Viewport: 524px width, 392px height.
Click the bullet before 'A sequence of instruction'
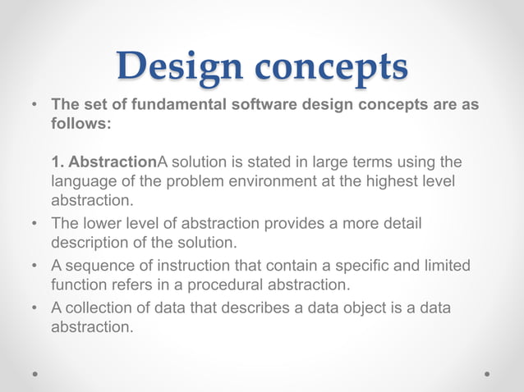tap(35, 266)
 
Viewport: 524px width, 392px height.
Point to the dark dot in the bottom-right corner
tap(487, 373)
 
